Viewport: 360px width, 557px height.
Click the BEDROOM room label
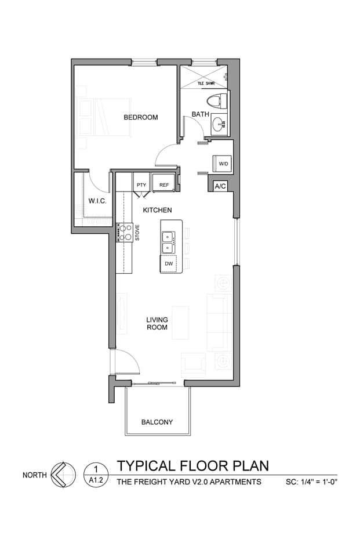140,117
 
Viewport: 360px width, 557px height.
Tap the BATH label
200,114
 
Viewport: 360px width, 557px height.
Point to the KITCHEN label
157,210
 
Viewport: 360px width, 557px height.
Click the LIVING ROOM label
157,324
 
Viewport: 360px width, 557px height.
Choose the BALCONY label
157,422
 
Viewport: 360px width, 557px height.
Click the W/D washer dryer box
223,164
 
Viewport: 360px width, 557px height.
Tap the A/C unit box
220,186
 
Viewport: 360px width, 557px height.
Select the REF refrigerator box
164,185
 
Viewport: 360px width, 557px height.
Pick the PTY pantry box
141,185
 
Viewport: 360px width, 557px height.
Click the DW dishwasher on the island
169,263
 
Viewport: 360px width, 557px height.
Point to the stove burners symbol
124,233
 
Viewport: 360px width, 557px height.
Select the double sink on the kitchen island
168,241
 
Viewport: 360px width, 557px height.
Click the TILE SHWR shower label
206,84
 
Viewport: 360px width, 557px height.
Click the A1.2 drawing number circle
96,475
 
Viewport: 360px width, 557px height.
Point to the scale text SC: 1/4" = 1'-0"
311,482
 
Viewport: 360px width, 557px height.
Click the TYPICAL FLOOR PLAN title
193,466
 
